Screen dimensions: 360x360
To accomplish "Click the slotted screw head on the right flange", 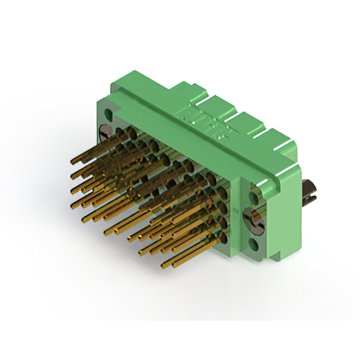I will [254, 219].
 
